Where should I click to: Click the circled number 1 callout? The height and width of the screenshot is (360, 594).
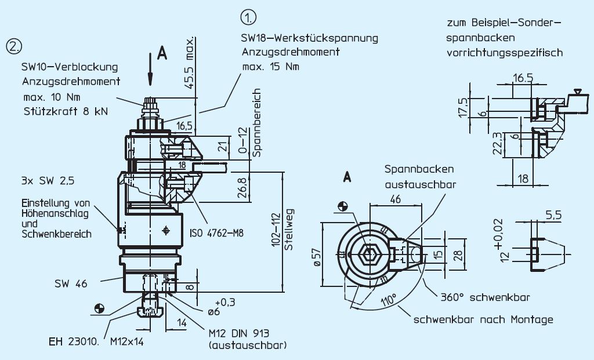249,18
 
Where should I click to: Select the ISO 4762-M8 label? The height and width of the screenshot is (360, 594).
216,233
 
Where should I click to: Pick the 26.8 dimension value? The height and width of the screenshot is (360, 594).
244,187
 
